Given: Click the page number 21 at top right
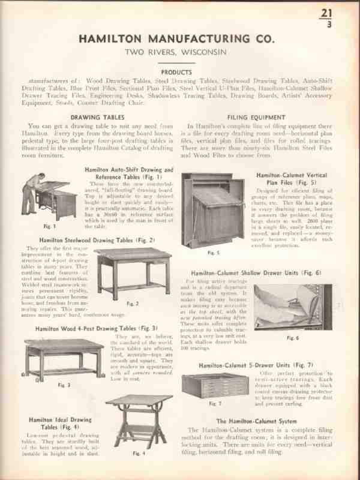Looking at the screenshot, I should tap(326, 13).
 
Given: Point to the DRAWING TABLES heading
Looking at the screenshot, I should tap(98, 117).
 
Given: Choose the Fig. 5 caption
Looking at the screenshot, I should tap(213, 253).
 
